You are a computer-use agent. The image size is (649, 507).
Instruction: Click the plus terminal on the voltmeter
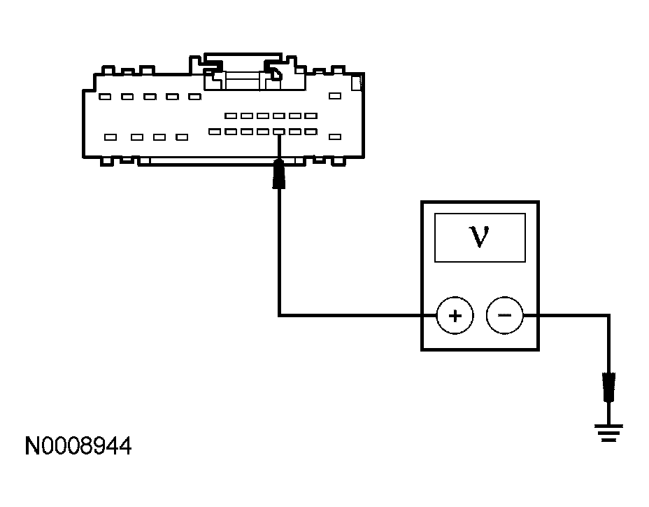click(x=455, y=315)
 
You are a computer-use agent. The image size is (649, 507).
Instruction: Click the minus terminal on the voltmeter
click(x=504, y=315)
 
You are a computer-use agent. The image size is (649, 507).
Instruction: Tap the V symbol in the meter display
click(x=479, y=237)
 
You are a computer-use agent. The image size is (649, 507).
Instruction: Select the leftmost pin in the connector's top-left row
click(x=104, y=97)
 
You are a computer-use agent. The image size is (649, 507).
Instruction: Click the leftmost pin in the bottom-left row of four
click(x=110, y=137)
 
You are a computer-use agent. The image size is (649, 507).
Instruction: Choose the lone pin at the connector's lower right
click(x=335, y=137)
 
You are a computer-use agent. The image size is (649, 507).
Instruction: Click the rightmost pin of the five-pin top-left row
click(x=194, y=97)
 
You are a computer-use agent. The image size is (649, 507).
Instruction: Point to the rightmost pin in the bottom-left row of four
click(x=182, y=137)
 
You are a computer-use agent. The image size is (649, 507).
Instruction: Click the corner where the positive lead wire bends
click(x=279, y=316)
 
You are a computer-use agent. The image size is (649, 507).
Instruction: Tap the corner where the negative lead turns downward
click(x=609, y=316)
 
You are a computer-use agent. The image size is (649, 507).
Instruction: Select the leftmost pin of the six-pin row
click(x=230, y=116)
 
